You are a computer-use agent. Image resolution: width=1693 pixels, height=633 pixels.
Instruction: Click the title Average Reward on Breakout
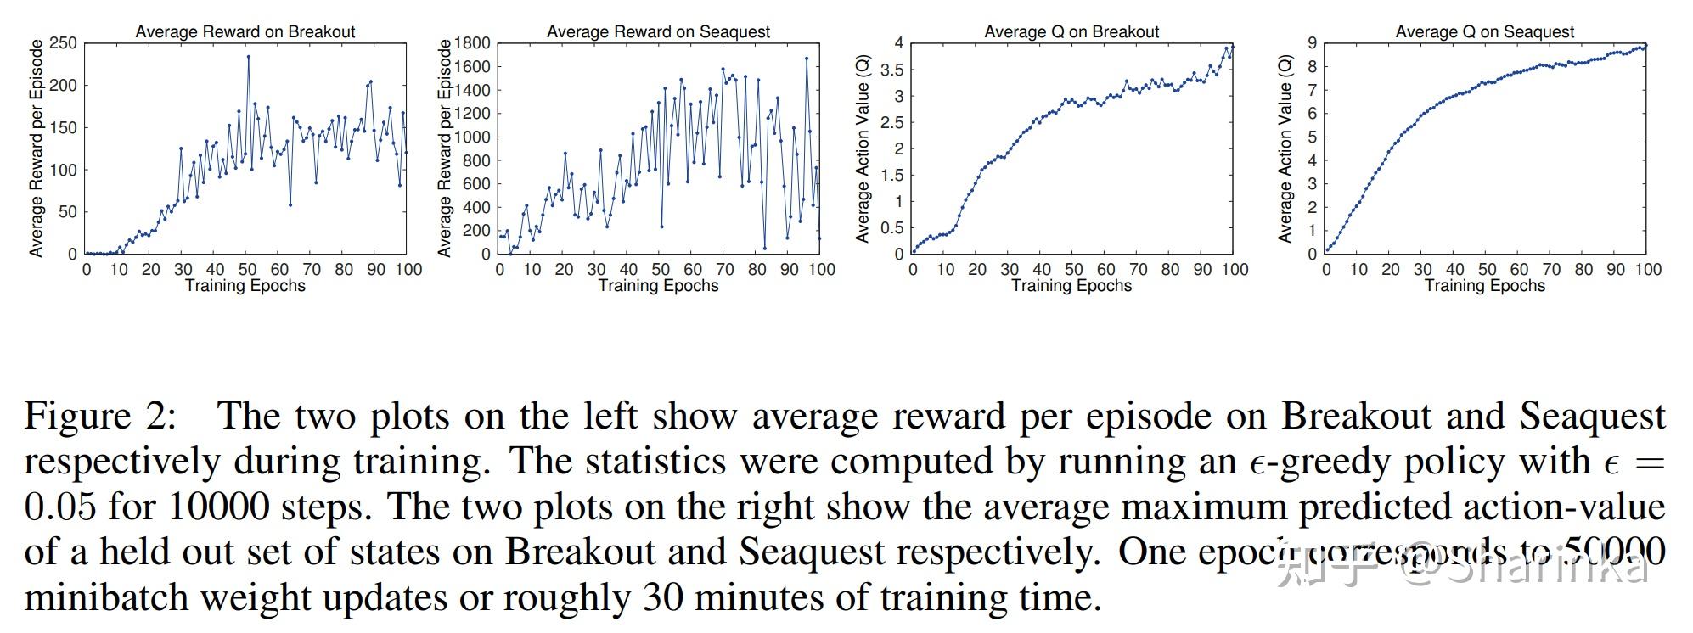(245, 31)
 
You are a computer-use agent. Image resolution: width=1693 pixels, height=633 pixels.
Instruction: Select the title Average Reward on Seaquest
(658, 31)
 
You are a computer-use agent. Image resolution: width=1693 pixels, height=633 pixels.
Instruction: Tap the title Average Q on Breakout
(1071, 31)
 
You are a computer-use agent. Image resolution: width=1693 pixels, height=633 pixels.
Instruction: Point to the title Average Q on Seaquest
(1484, 31)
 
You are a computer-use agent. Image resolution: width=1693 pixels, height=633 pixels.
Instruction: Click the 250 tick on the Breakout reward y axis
(64, 43)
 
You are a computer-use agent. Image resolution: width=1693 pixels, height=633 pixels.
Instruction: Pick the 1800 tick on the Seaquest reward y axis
(473, 43)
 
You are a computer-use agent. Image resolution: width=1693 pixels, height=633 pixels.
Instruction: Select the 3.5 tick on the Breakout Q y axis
(891, 70)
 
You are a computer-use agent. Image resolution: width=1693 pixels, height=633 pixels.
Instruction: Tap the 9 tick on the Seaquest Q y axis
(1312, 43)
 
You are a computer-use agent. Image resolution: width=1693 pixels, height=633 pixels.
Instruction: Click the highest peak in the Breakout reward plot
(249, 57)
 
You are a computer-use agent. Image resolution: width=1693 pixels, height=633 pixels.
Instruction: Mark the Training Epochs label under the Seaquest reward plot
(658, 286)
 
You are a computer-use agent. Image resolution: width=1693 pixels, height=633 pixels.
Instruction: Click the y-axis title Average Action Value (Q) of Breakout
(863, 149)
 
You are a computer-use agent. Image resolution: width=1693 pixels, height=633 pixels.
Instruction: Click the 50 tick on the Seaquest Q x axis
(1487, 270)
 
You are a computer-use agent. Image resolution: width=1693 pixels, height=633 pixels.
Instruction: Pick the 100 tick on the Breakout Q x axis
(1235, 270)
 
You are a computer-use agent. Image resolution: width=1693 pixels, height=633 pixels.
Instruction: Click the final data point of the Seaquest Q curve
(1645, 45)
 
